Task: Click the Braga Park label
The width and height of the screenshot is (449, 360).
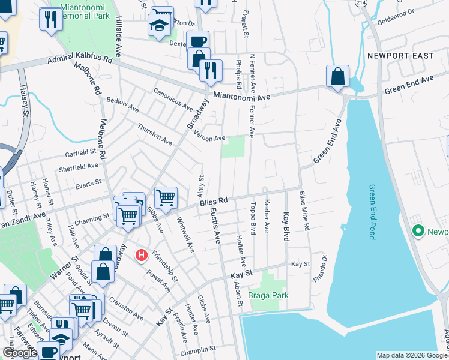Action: click(x=268, y=295)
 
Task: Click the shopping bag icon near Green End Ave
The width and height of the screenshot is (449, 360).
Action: click(x=338, y=77)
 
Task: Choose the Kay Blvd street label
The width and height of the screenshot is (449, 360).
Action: click(x=286, y=227)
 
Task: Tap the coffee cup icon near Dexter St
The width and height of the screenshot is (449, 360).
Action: click(x=197, y=41)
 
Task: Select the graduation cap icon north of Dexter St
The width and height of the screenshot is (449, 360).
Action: click(x=158, y=25)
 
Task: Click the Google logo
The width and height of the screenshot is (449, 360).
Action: click(x=20, y=353)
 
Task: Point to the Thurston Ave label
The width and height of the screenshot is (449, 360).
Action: click(x=154, y=134)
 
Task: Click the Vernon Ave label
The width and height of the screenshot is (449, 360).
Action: click(x=209, y=137)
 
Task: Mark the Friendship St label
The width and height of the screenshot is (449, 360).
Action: click(x=165, y=266)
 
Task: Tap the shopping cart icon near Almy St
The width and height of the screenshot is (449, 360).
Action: click(x=166, y=196)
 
